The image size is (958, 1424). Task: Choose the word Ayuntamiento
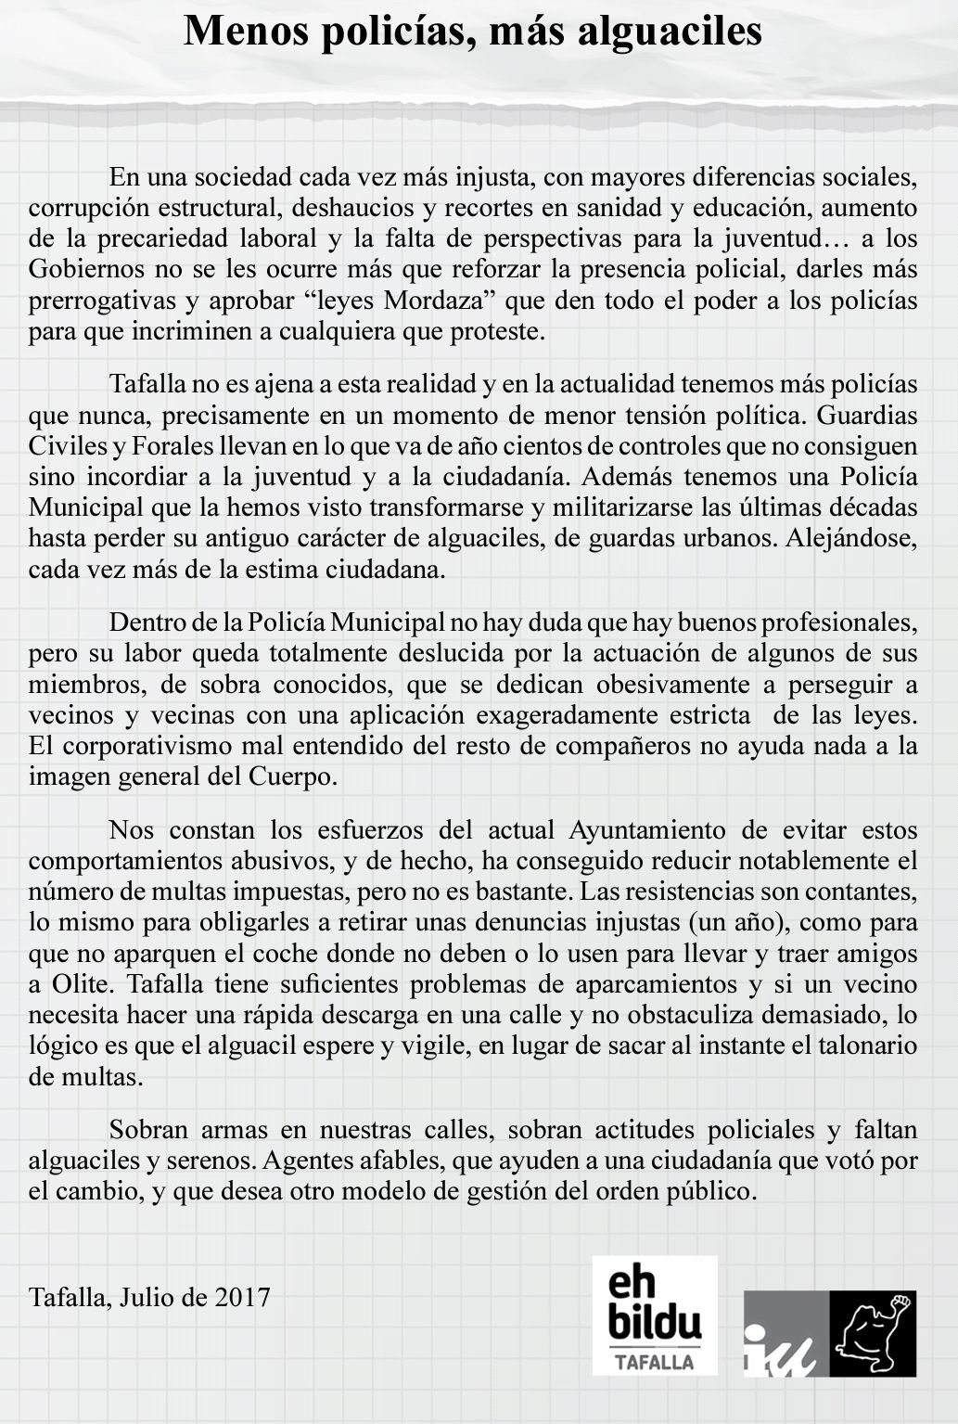(x=659, y=828)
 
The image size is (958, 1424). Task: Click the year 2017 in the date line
(x=242, y=1296)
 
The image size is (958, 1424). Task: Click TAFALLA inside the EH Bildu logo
(x=655, y=1361)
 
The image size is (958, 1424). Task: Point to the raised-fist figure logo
(x=873, y=1333)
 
